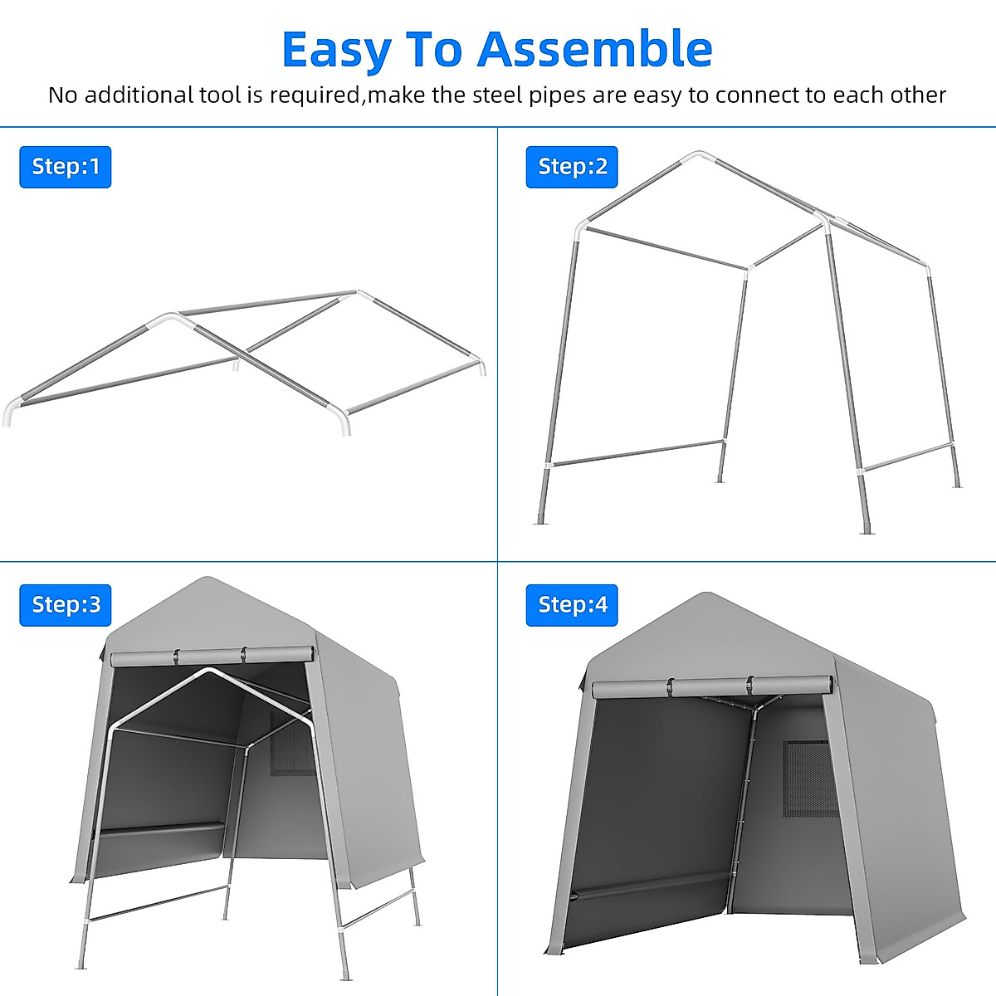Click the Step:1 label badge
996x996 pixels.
pyautogui.click(x=66, y=167)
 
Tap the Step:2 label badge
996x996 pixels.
pyautogui.click(x=572, y=167)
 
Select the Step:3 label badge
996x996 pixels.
pyautogui.click(x=66, y=604)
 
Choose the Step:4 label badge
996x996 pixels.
pyautogui.click(x=572, y=604)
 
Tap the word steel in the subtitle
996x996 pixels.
pyautogui.click(x=499, y=95)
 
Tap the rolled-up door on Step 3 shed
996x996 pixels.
pyautogui.click(x=213, y=657)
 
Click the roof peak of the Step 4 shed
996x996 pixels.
pyautogui.click(x=706, y=595)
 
